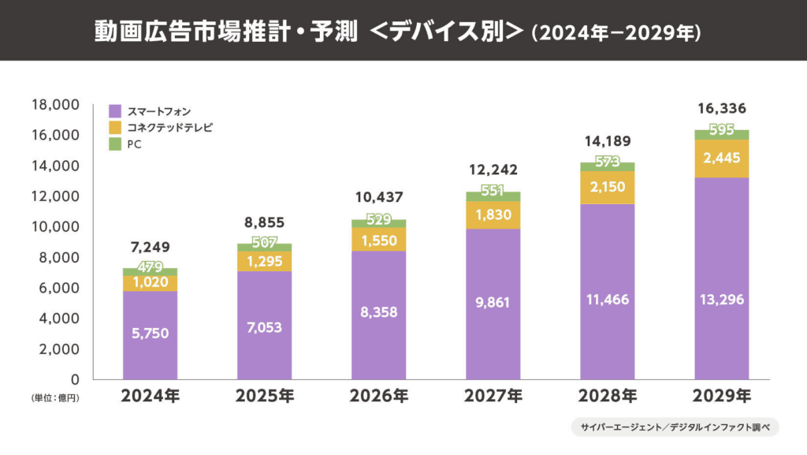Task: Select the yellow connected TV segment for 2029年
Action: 722,159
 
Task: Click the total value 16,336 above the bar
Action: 722,108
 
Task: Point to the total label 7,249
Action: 151,248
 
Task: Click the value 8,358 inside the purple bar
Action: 379,312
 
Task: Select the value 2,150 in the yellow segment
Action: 608,188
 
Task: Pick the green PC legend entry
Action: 134,144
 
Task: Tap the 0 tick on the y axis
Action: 75,379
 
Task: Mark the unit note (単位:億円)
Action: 56,398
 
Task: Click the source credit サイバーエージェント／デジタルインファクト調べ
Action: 675,427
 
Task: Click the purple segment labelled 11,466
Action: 608,300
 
